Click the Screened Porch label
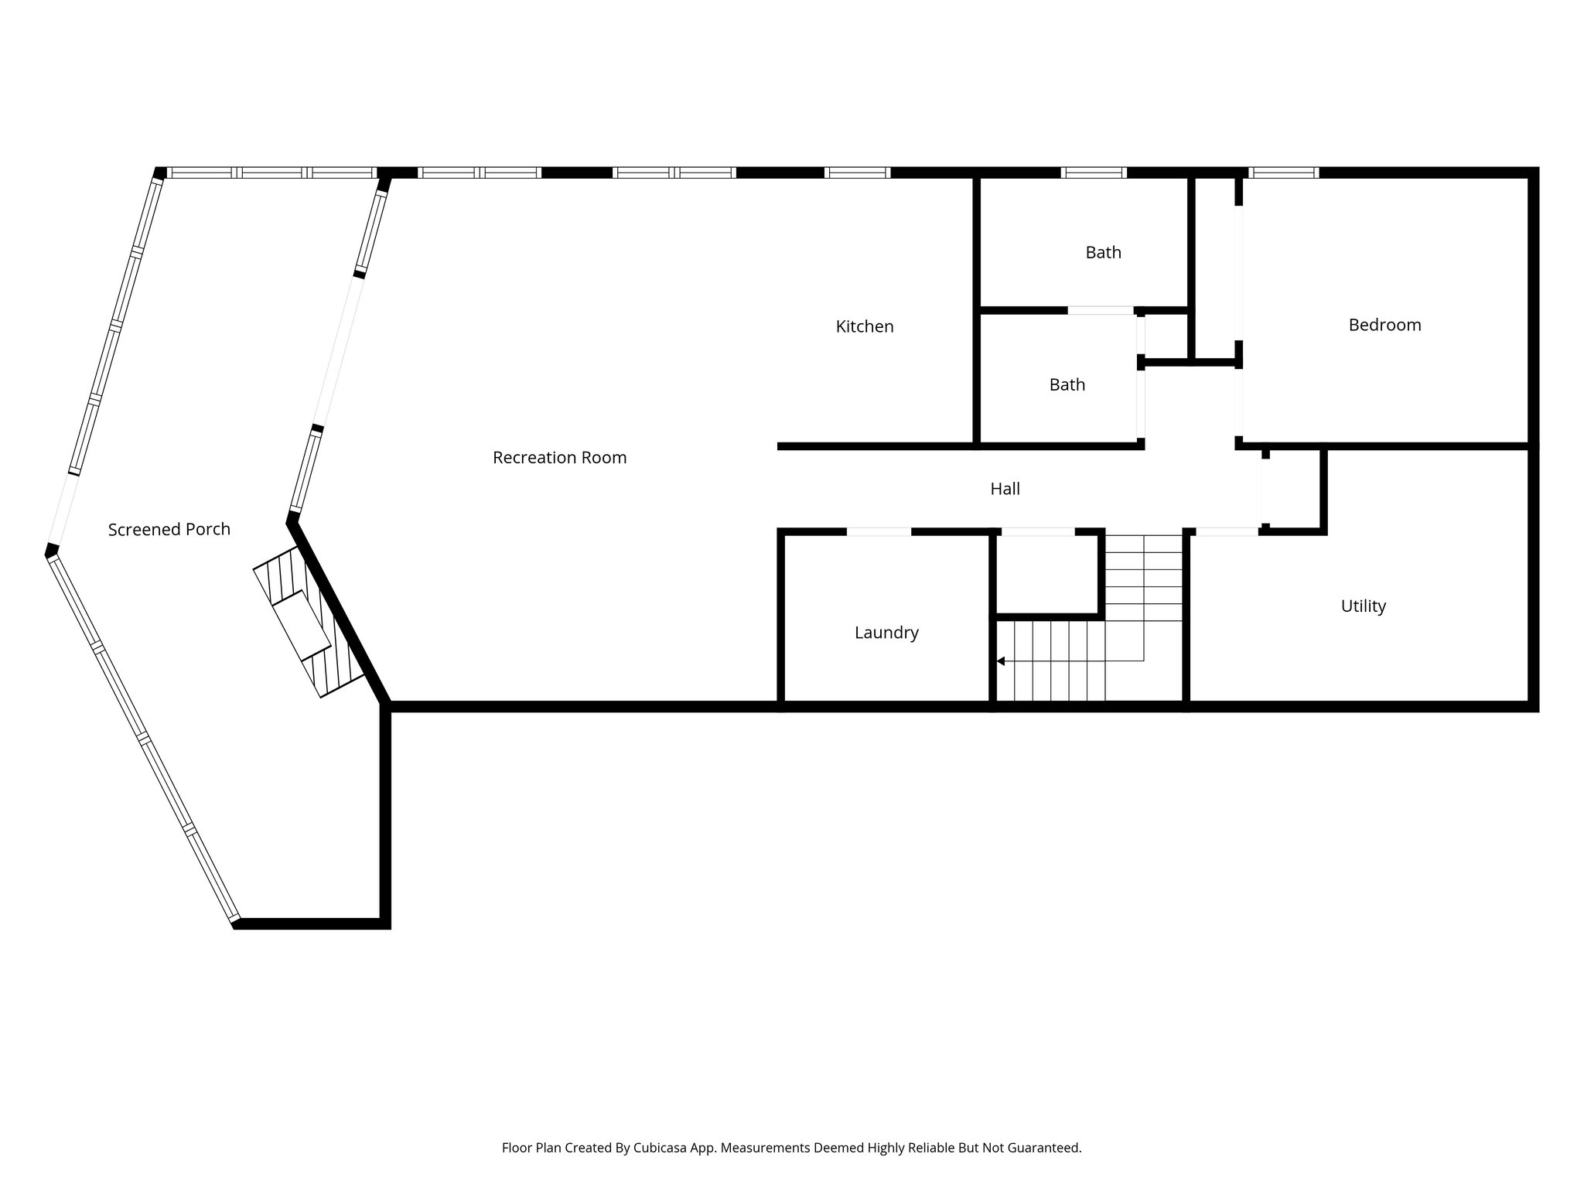click(169, 530)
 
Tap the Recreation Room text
click(559, 458)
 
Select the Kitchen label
click(864, 327)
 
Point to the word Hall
click(1005, 489)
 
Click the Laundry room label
click(886, 633)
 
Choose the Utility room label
click(1363, 606)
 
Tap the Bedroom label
click(1384, 325)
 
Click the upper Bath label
click(1103, 253)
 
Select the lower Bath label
click(1067, 385)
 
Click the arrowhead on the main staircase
click(1001, 661)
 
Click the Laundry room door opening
click(879, 532)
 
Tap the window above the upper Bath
click(1093, 172)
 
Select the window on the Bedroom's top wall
click(1283, 172)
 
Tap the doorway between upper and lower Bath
click(1101, 310)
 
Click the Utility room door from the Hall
click(1227, 532)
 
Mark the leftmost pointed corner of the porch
click(51, 551)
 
